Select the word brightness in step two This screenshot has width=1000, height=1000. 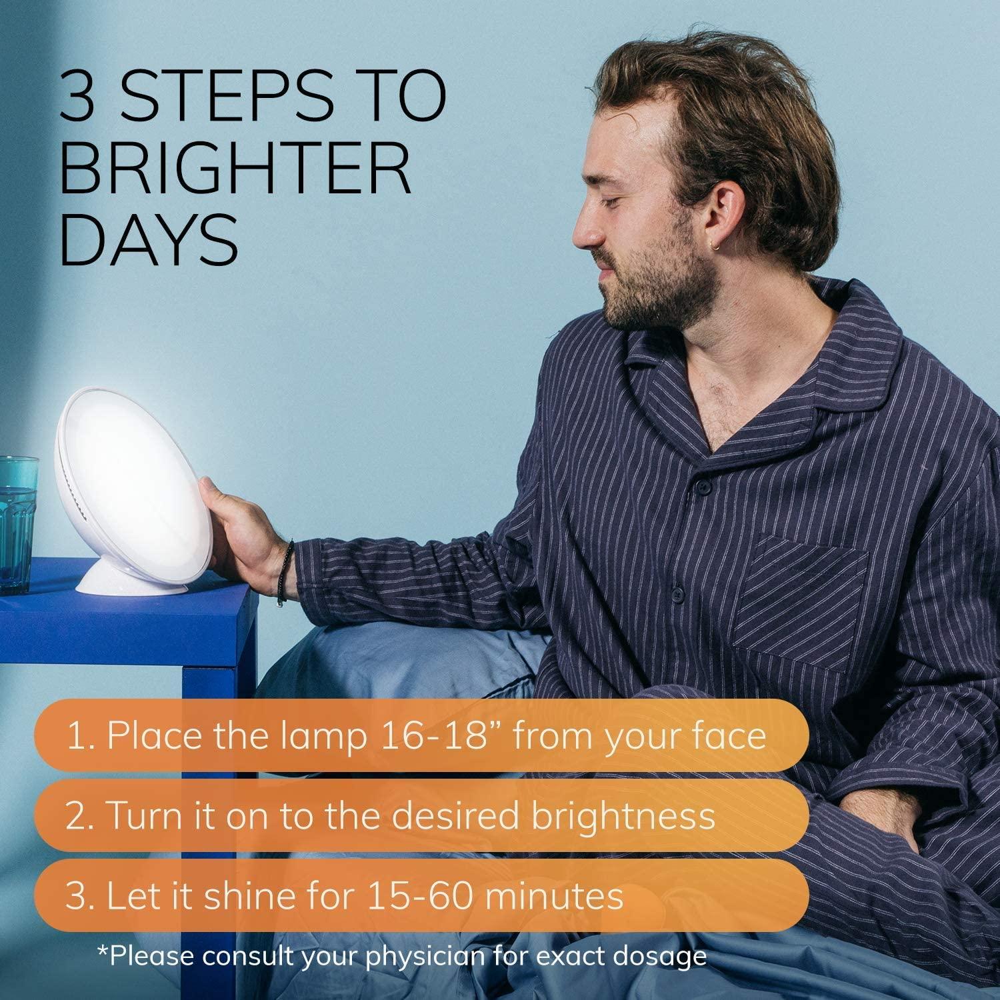point(623,815)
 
